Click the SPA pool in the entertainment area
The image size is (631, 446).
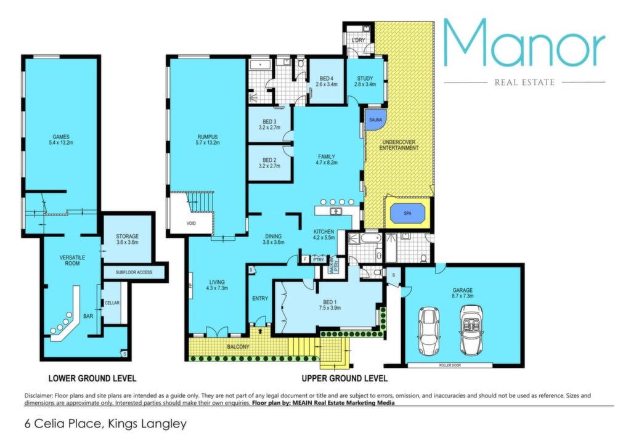point(407,213)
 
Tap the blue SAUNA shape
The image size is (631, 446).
point(376,120)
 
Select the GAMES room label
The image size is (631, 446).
point(61,140)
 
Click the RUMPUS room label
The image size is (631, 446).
point(208,140)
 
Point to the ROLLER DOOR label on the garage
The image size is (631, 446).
point(450,365)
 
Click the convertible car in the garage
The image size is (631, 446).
point(471,331)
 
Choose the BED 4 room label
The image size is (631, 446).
point(327,81)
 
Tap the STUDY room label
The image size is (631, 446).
point(365,81)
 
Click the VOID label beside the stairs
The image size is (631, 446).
point(191,223)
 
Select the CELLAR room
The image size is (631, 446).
point(112,302)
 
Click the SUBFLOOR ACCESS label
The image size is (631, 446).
point(134,272)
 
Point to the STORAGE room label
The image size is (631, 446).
point(127,239)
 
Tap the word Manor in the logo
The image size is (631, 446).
point(524,43)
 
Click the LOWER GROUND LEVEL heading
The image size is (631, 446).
point(92,378)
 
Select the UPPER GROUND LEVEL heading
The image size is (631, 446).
point(345,378)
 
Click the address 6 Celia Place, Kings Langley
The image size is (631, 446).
point(105,424)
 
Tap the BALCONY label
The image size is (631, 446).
point(238,346)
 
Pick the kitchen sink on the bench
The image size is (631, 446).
point(335,211)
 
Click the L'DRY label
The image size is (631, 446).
point(358,40)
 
